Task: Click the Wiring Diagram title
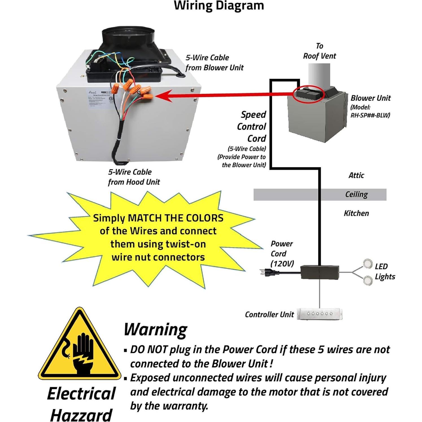pos(219,6)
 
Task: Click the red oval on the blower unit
pos(308,94)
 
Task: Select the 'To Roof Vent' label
pos(319,51)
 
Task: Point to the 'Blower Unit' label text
pos(370,98)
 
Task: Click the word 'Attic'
pos(356,175)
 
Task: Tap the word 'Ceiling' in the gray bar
pos(356,194)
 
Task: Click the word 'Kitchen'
pos(356,213)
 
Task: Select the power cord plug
pos(267,273)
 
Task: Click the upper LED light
pos(367,263)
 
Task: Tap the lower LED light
pos(367,280)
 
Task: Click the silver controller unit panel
pos(320,314)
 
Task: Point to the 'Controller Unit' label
pos(269,314)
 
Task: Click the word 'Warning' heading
pos(155,329)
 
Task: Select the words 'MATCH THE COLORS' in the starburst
pos(175,218)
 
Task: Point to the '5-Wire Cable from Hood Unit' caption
pos(134,177)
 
